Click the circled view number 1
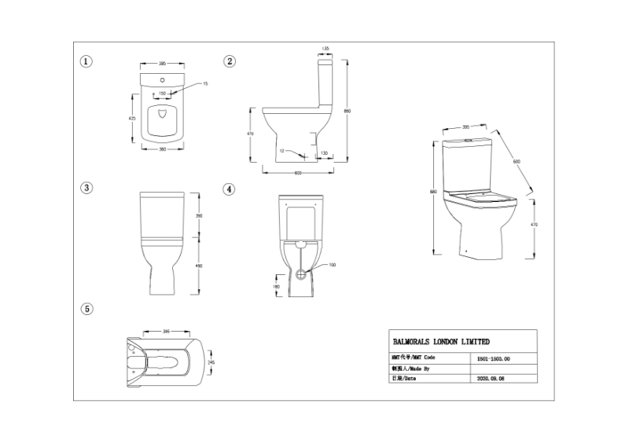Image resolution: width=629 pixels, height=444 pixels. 87,61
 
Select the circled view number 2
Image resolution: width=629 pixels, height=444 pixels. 230,61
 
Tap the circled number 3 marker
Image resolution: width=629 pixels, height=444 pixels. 87,188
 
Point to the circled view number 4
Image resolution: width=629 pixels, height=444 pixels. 229,189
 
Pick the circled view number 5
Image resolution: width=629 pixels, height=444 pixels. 87,309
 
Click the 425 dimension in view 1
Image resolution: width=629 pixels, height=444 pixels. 132,117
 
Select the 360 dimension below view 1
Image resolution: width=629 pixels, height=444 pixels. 163,149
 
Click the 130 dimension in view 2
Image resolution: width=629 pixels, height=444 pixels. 324,153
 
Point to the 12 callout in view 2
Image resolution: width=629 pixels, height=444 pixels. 281,150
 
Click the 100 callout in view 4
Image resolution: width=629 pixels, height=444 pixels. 332,265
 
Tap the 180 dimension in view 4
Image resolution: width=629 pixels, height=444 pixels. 276,286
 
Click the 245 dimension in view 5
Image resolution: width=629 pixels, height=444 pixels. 211,362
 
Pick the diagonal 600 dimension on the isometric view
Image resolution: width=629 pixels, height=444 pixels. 517,161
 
